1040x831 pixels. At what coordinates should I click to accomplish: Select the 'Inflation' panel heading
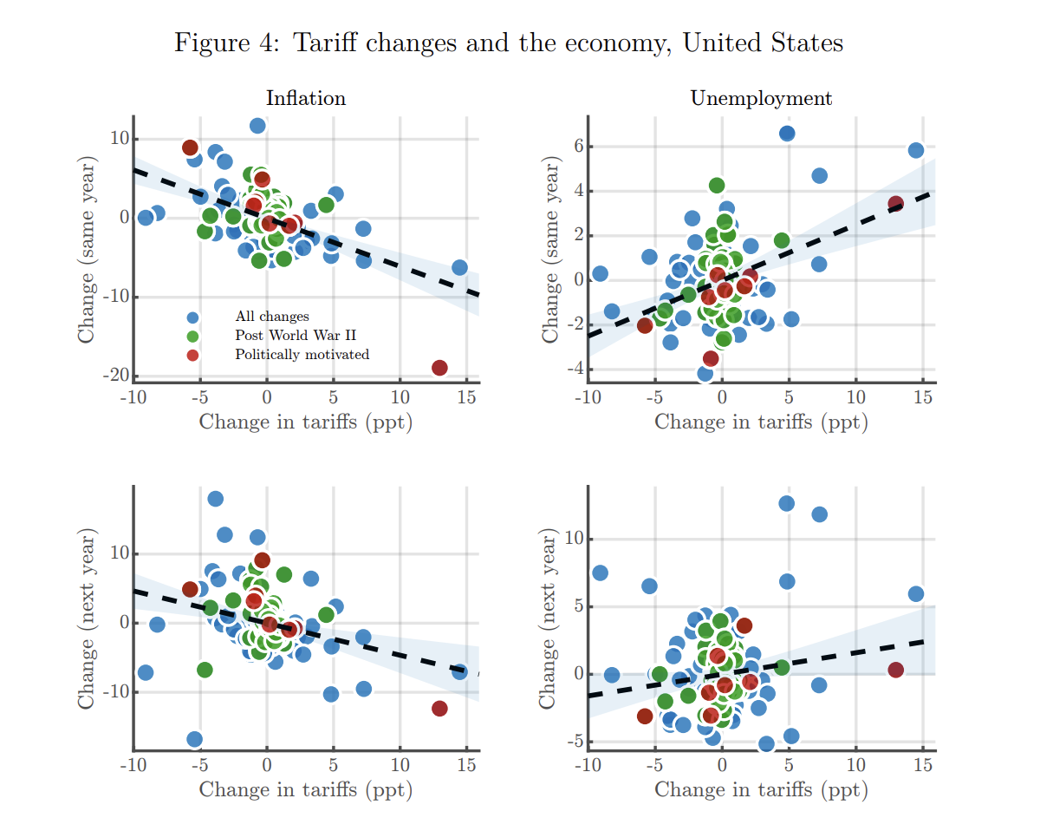[x=306, y=98]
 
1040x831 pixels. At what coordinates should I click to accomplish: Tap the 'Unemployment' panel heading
[x=761, y=98]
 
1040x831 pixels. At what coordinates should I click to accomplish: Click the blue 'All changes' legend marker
[x=192, y=317]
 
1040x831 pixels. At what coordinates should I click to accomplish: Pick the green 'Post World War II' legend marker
[x=192, y=336]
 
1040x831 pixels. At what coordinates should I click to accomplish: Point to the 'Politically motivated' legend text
[x=302, y=354]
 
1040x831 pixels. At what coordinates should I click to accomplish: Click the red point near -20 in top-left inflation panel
[x=439, y=368]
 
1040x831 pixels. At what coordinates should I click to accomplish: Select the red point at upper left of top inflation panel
[x=190, y=147]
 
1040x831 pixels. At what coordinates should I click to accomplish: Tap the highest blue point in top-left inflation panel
[x=257, y=126]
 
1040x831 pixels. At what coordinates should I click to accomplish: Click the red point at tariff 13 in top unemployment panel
[x=895, y=204]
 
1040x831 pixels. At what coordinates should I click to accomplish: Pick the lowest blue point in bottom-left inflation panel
[x=195, y=739]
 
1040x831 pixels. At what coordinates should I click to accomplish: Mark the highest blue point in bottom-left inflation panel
[x=215, y=499]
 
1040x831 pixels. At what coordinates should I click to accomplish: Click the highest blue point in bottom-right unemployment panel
[x=786, y=503]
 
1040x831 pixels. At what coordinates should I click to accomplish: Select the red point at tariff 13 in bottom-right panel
[x=895, y=670]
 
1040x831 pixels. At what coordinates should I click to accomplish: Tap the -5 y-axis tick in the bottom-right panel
[x=571, y=742]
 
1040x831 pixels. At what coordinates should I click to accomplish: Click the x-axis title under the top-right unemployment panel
[x=761, y=422]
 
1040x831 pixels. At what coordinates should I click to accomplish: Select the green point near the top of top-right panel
[x=717, y=186]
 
